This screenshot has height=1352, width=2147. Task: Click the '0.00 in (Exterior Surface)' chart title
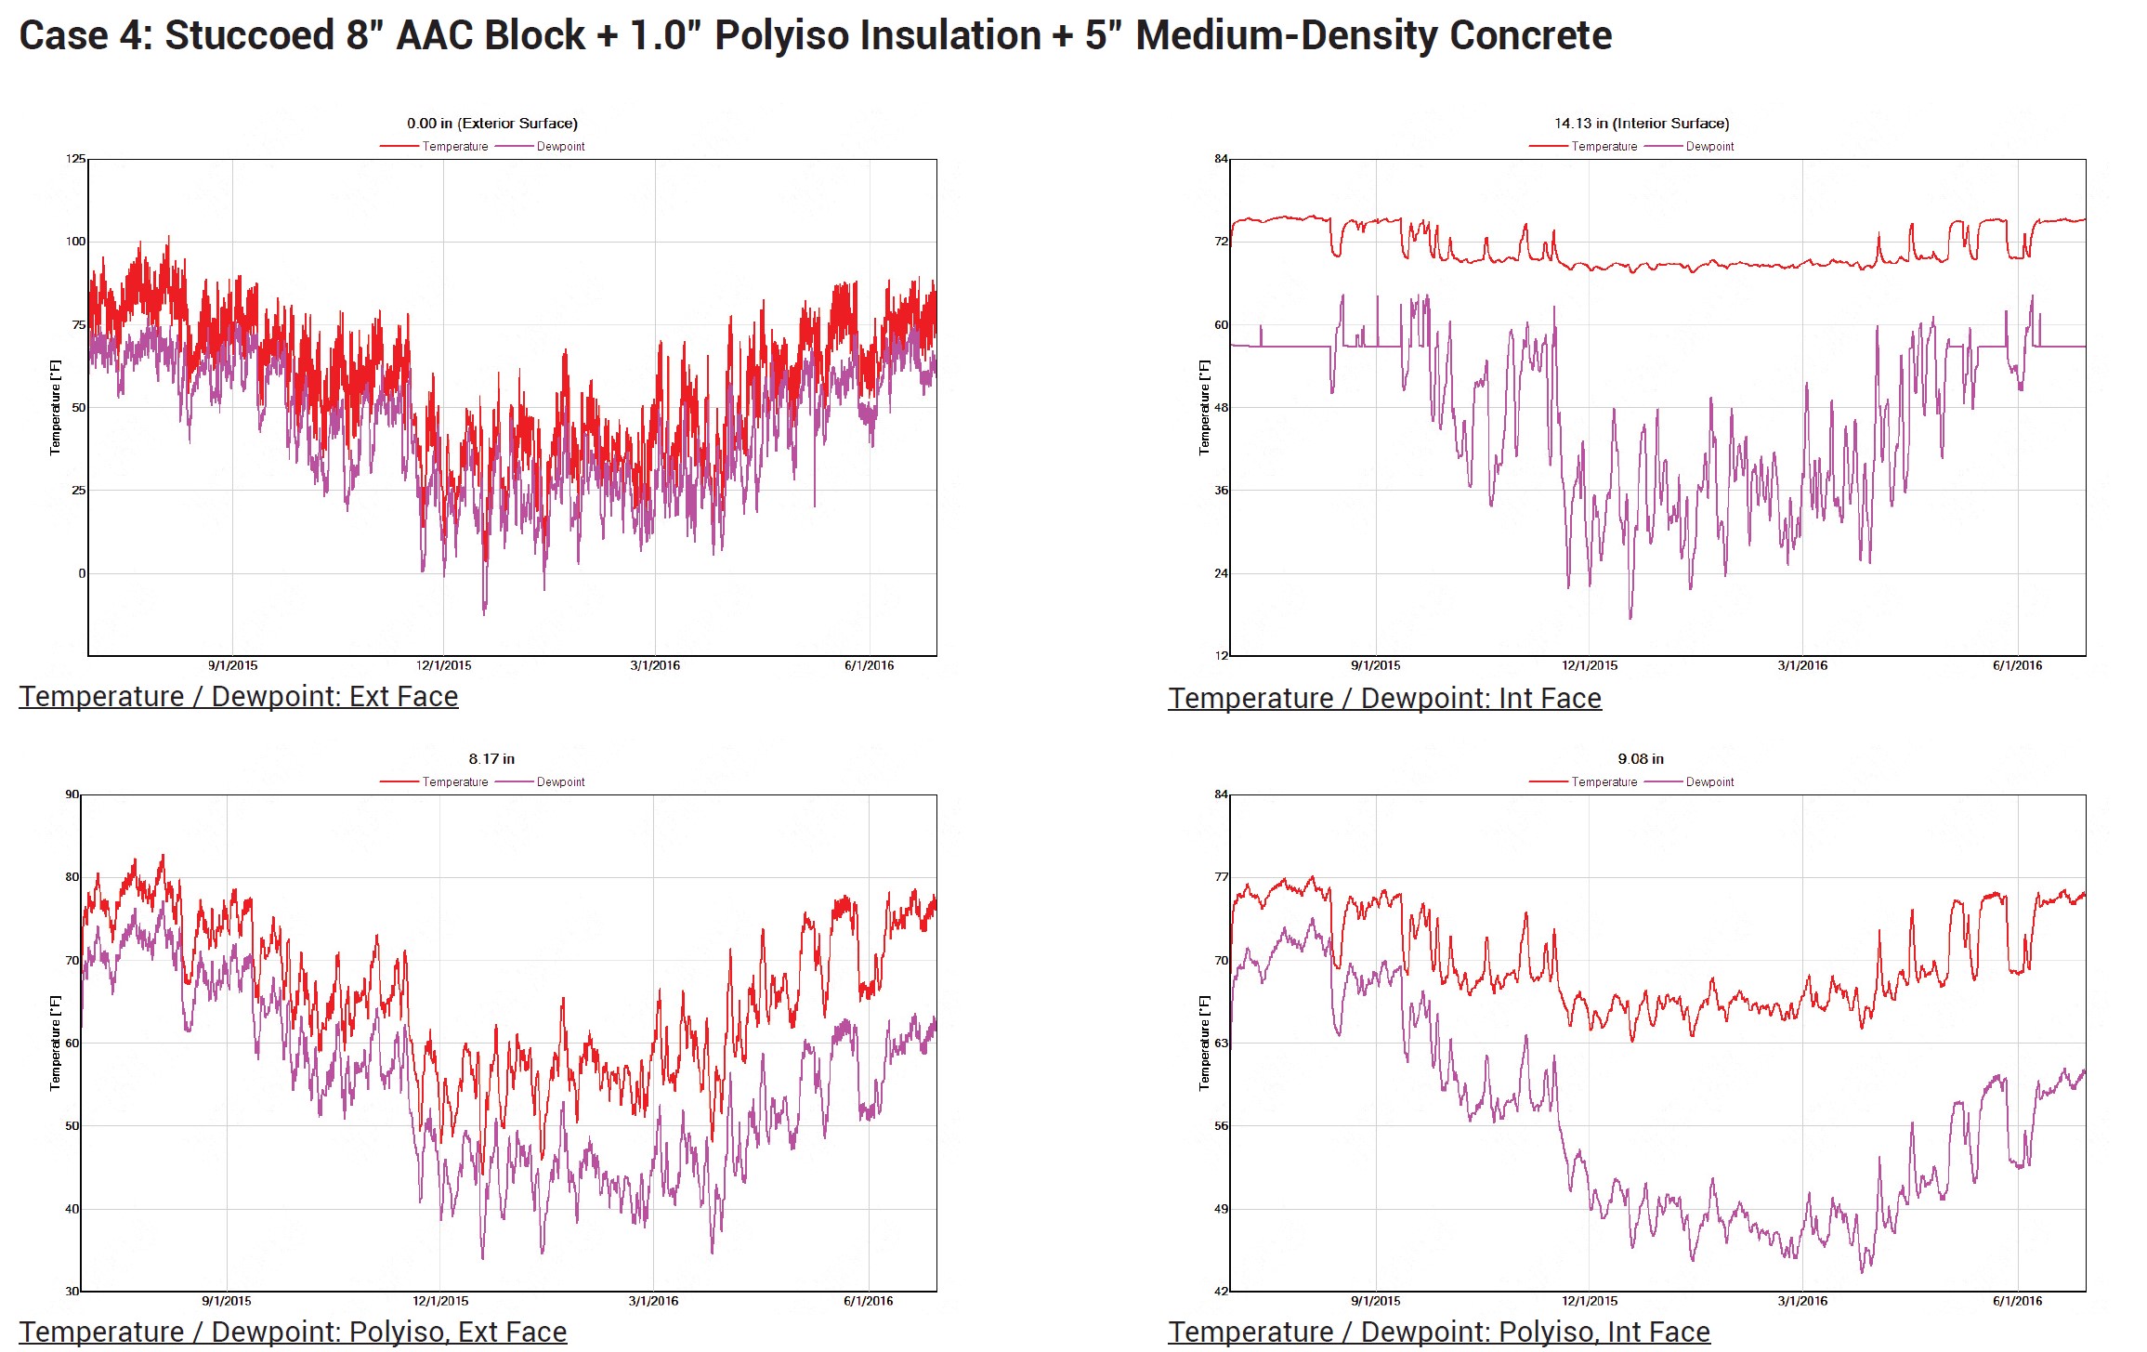[x=491, y=124]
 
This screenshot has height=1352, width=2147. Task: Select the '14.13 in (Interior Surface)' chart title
[x=1641, y=124]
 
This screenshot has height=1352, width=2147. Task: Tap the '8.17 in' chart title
[x=491, y=759]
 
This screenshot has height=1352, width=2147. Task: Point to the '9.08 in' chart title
[x=1641, y=759]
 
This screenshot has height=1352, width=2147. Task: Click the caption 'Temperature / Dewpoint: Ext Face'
[x=239, y=697]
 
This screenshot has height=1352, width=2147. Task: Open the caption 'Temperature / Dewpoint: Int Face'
[x=1384, y=699]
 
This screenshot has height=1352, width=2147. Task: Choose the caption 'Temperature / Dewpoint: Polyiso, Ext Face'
[x=293, y=1332]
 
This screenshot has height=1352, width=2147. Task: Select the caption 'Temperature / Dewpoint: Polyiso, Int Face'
[x=1439, y=1332]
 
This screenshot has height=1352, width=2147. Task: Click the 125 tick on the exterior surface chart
[x=75, y=159]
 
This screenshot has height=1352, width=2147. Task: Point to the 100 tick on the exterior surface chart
[x=75, y=242]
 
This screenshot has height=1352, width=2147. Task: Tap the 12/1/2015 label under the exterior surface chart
[x=443, y=665]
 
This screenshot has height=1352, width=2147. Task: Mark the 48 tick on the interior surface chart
[x=1221, y=408]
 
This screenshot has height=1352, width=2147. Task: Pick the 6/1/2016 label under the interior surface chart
[x=2017, y=665]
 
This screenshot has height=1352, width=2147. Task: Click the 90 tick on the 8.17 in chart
[x=72, y=794]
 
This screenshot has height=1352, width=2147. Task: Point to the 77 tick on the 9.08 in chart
[x=1221, y=877]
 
